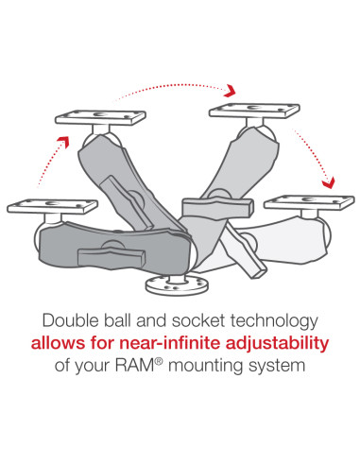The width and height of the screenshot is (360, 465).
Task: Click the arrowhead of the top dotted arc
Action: tap(229, 90)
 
